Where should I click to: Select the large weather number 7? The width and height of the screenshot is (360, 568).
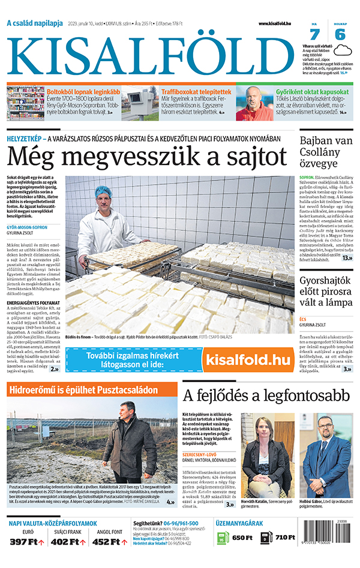[314, 34]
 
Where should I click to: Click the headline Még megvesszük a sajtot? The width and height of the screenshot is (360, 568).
[147, 157]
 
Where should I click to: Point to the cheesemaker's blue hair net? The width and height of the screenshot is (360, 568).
[103, 192]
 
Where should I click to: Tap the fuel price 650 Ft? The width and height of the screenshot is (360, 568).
[242, 538]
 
